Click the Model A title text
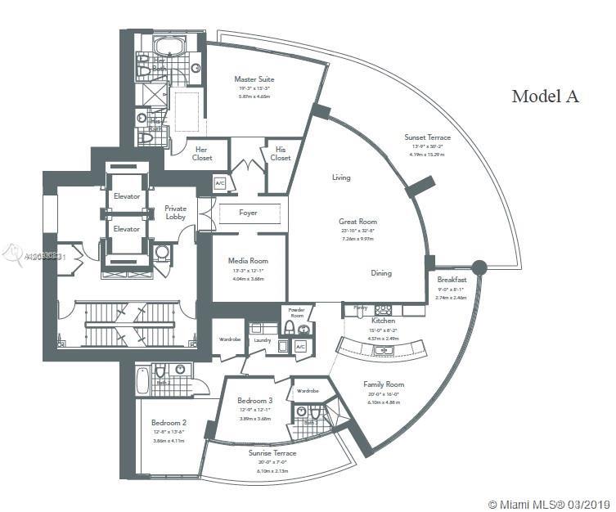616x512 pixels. click(x=545, y=97)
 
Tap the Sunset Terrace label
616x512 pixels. click(x=427, y=137)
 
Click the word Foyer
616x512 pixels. click(x=248, y=213)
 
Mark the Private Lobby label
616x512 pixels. click(x=175, y=213)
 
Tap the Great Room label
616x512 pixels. click(x=357, y=222)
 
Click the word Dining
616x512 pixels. click(x=380, y=273)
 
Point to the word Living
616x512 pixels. click(x=341, y=177)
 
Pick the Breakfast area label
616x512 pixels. click(x=452, y=280)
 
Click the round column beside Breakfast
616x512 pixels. click(x=479, y=267)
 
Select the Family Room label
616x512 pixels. click(x=384, y=384)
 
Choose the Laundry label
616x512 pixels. click(x=262, y=339)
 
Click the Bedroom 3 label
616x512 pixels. click(x=255, y=401)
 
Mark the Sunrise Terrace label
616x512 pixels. click(x=272, y=452)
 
